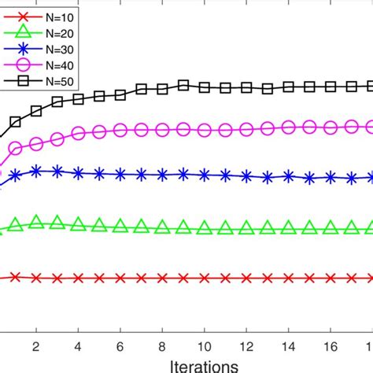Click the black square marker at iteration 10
click(x=205, y=87)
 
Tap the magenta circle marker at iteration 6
click(x=120, y=130)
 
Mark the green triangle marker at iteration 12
click(x=246, y=229)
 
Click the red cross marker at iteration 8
click(x=162, y=278)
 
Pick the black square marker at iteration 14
click(x=289, y=87)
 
